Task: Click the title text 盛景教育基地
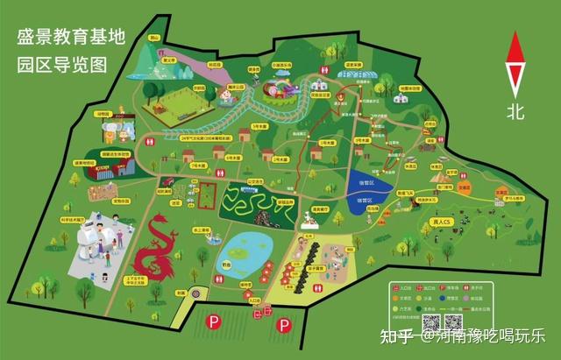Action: coord(71,38)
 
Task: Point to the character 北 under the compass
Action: coord(516,111)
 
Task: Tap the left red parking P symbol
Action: coord(213,321)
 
